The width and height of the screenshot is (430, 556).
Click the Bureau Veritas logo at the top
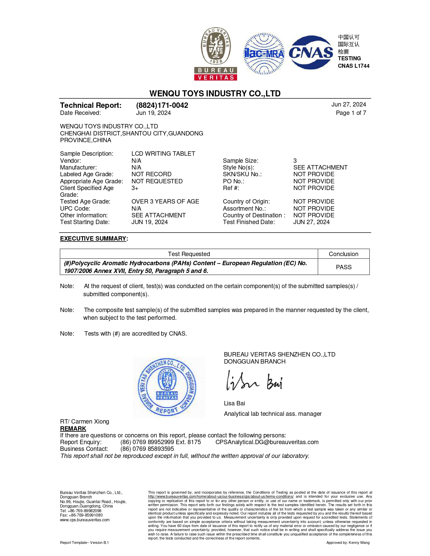click(216, 54)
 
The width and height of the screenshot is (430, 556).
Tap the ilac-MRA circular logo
click(264, 54)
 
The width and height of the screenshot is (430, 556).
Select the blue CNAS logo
click(311, 53)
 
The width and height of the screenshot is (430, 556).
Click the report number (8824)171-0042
click(162, 105)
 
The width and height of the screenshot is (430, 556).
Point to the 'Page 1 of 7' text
click(351, 113)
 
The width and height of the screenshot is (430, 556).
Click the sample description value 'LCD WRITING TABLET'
click(163, 154)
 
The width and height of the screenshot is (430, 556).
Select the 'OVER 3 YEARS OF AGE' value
click(165, 202)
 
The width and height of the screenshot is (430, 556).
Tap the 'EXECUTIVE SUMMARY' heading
click(93, 239)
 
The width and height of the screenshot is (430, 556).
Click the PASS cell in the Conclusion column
click(343, 267)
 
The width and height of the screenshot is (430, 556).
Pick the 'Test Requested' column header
click(189, 254)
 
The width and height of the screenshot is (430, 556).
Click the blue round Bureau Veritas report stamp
click(168, 387)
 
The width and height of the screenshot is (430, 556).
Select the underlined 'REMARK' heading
click(73, 429)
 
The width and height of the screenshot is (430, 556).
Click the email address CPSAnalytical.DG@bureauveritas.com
click(267, 442)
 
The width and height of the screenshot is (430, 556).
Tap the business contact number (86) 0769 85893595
click(147, 449)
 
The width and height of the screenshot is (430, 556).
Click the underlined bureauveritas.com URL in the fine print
click(221, 497)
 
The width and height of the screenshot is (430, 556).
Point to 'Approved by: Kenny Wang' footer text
click(348, 543)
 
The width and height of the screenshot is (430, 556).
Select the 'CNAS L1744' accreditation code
click(353, 66)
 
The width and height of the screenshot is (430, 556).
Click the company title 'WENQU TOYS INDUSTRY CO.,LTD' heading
click(215, 93)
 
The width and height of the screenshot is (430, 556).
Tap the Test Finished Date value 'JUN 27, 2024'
click(311, 222)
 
